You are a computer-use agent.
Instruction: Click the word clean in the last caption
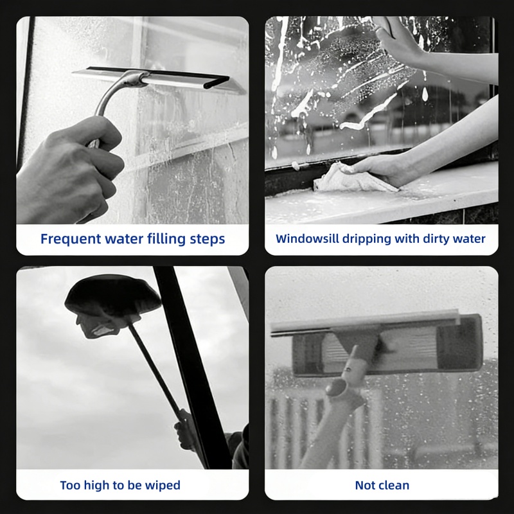[394, 485]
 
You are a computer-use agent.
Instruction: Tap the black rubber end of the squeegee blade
[217, 82]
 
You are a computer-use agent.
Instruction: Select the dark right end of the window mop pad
[461, 342]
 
